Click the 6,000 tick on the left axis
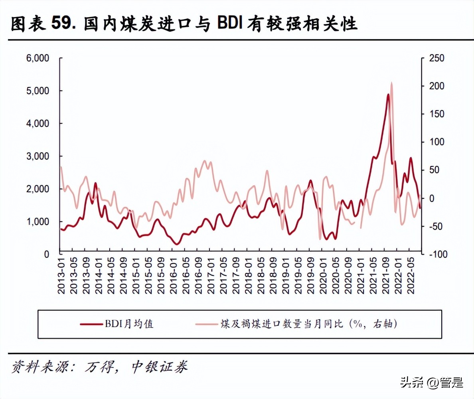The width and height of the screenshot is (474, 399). coord(38,59)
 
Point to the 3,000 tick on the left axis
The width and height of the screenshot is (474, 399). coord(38,156)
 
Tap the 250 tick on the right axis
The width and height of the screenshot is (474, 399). coord(436,59)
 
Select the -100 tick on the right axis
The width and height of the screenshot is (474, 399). coord(436,254)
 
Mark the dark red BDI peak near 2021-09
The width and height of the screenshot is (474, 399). coord(388,95)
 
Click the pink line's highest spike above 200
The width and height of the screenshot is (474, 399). coord(391,83)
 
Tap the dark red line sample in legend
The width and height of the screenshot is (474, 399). coord(91,324)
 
